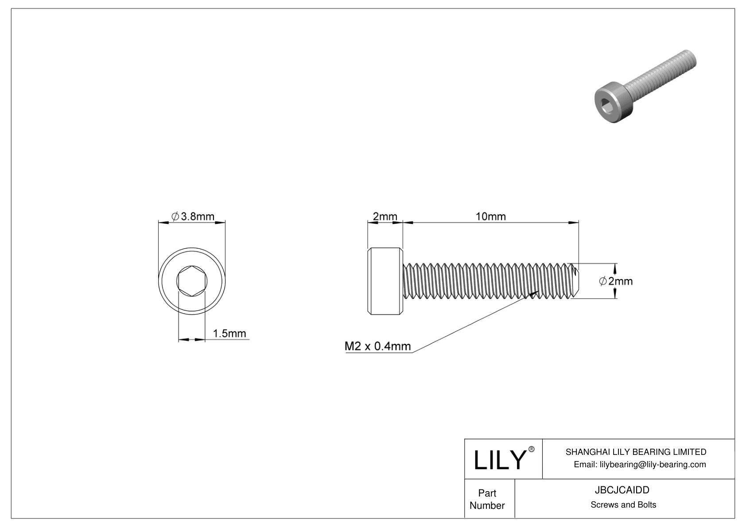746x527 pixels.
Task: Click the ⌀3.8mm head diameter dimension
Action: coord(193,216)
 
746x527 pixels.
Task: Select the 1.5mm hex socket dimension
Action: coord(229,333)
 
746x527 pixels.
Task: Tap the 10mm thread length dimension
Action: coord(490,216)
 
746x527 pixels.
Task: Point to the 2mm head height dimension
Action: coord(385,216)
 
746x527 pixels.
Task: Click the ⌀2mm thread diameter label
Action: coord(616,281)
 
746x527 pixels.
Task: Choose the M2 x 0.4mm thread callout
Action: coord(378,346)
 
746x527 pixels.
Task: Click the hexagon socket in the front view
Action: coord(192,281)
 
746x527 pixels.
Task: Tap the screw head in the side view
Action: coord(385,281)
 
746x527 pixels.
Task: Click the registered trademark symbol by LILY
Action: coord(532,450)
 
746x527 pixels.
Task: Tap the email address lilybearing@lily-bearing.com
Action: coord(653,464)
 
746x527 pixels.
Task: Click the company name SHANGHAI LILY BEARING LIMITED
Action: coord(636,452)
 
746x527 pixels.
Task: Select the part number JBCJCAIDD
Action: coord(623,490)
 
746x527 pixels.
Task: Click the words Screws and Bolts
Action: coord(623,505)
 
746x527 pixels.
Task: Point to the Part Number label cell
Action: coord(487,499)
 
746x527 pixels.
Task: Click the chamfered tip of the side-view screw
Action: coord(575,281)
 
